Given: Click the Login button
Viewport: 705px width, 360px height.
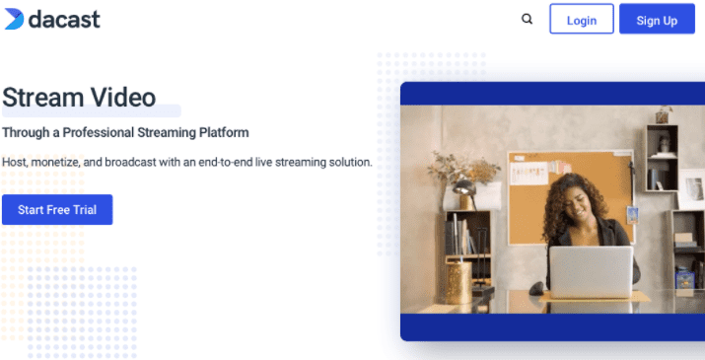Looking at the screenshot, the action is [x=582, y=19].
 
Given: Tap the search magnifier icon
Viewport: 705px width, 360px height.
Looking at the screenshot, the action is [x=527, y=20].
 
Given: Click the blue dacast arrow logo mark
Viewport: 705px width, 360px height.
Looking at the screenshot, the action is [x=14, y=20].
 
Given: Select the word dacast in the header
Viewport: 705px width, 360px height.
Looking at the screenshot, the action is [x=64, y=20].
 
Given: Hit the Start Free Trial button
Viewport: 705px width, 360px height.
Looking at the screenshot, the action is [x=57, y=210].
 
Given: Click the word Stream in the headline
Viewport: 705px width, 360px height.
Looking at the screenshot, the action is [x=43, y=98].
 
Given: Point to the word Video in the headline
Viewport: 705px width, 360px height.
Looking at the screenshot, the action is [x=123, y=98].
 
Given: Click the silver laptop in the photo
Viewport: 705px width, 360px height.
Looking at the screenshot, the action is [x=591, y=272].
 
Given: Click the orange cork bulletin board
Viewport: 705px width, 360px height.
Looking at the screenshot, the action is [x=571, y=197].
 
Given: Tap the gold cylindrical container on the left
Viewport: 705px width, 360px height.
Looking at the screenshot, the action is [x=458, y=282].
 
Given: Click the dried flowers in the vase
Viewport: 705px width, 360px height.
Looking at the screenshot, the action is [x=463, y=167].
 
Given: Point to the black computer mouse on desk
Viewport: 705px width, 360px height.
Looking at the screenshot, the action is [x=536, y=288].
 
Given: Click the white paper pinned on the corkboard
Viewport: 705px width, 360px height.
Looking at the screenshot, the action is [x=529, y=174].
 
